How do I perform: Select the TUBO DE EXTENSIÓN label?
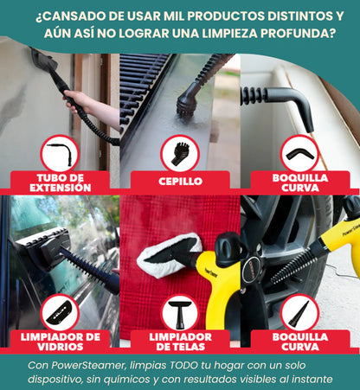tap(61, 182)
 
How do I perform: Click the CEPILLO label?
tap(180, 182)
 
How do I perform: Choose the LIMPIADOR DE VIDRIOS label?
tap(61, 342)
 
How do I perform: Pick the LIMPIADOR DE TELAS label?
tap(180, 342)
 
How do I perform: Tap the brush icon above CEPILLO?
tap(180, 154)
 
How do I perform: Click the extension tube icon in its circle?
tap(60, 154)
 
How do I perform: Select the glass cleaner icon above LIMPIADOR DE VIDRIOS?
tap(60, 313)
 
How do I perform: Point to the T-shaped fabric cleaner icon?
tap(180, 314)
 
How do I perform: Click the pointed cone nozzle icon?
tap(299, 314)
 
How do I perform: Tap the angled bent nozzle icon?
tap(299, 154)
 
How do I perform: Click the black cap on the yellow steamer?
tap(228, 248)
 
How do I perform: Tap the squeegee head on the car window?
tap(43, 248)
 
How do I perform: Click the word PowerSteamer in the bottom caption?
tap(89, 366)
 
